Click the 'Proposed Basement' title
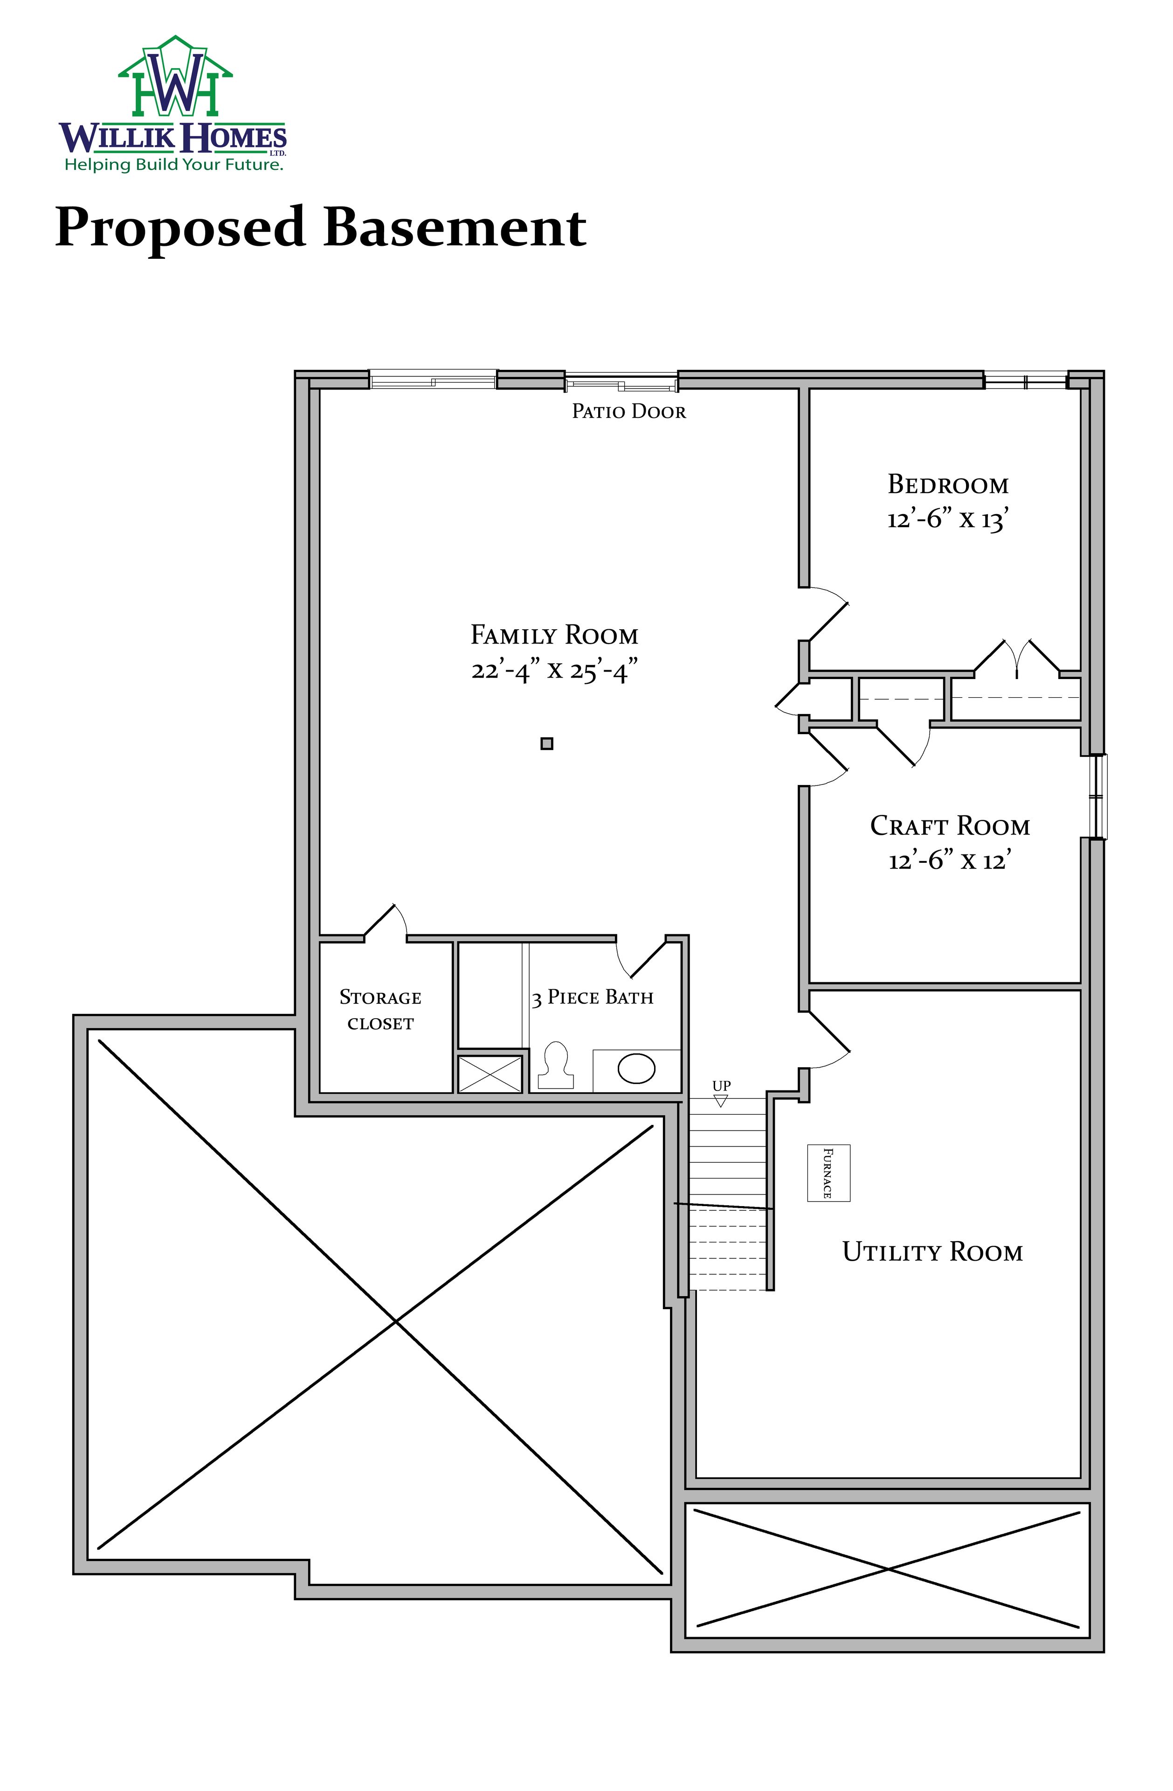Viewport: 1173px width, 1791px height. pyautogui.click(x=321, y=227)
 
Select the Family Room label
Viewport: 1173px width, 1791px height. pyautogui.click(x=554, y=635)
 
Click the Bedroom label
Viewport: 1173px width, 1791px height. pyautogui.click(x=948, y=484)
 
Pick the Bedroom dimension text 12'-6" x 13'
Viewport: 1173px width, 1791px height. pyautogui.click(x=948, y=519)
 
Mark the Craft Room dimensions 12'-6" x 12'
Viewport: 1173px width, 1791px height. pyautogui.click(x=950, y=860)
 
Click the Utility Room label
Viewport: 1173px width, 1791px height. pyautogui.click(x=932, y=1251)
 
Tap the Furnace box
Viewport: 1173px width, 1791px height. pyautogui.click(x=828, y=1173)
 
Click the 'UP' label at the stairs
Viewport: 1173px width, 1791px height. pyautogui.click(x=722, y=1086)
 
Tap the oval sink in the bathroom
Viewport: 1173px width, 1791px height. pyautogui.click(x=636, y=1069)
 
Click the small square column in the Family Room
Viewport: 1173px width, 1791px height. pyautogui.click(x=547, y=743)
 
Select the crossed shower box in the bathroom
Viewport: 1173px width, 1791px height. pyautogui.click(x=490, y=1074)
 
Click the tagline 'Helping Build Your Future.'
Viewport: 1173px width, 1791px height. pyautogui.click(x=174, y=165)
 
